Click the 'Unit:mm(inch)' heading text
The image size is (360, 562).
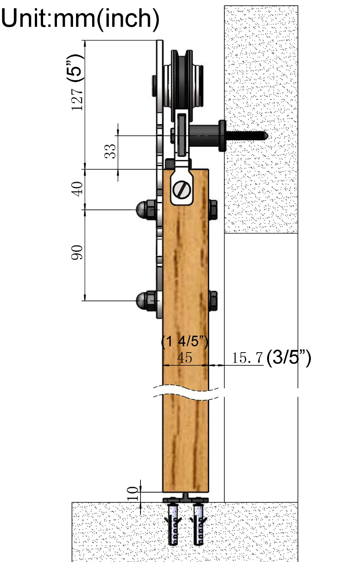tap(80, 18)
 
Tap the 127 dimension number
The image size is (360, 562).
tap(77, 99)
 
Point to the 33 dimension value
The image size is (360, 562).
tap(110, 151)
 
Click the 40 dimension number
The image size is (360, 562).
tap(77, 189)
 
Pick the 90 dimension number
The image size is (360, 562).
tap(77, 253)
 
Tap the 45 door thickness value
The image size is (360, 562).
tap(185, 357)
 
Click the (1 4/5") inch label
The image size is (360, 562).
tap(185, 342)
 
